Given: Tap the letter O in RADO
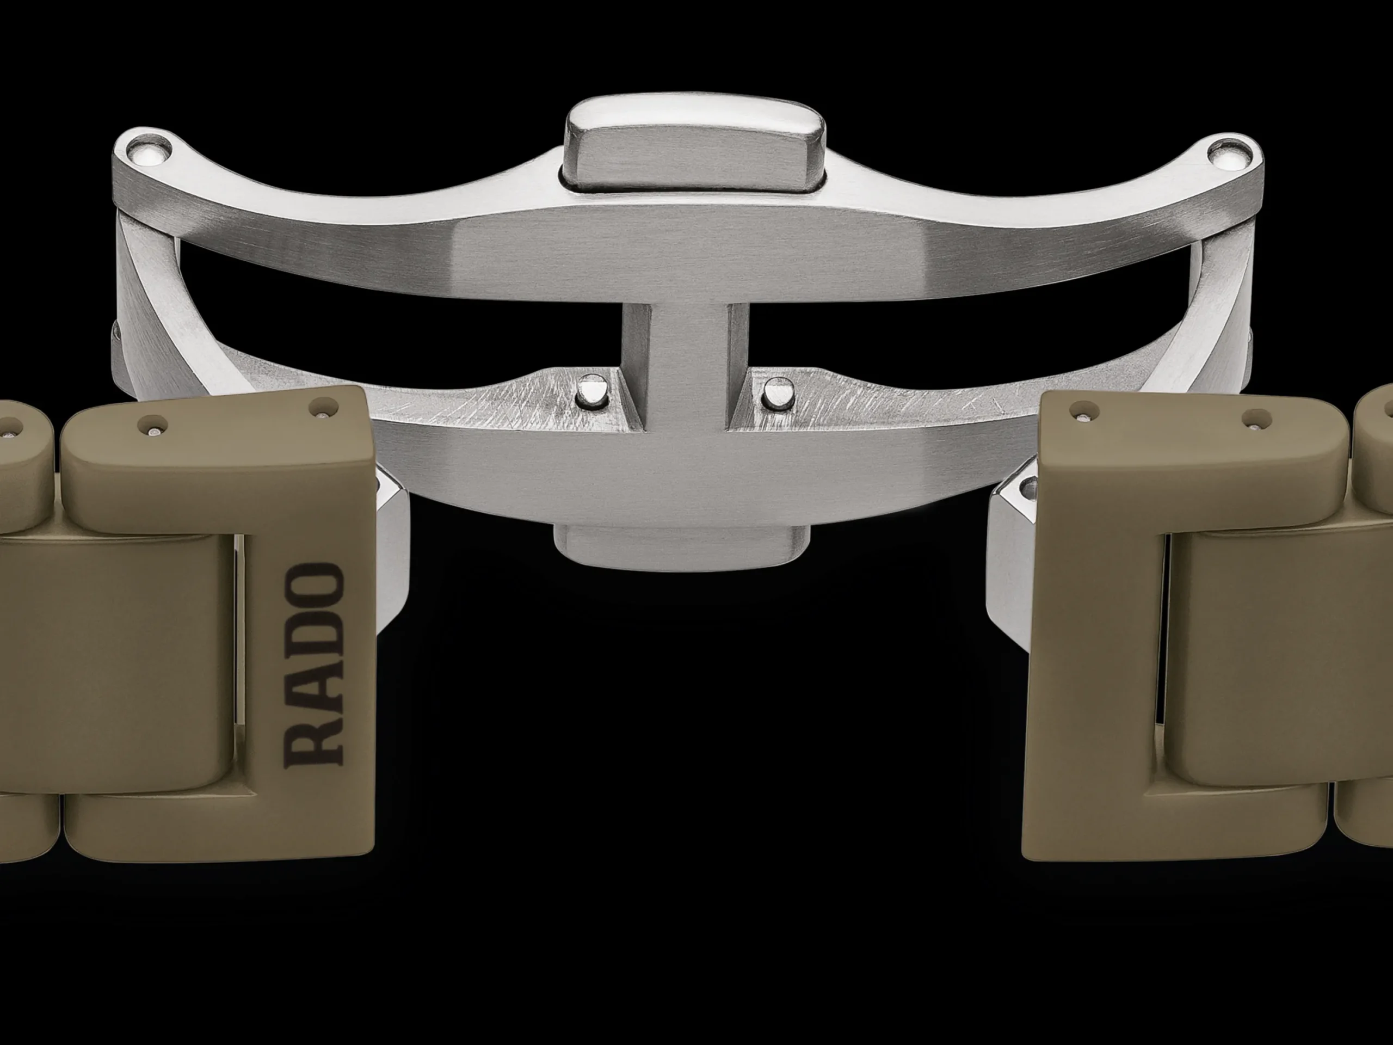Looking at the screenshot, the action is [316, 585].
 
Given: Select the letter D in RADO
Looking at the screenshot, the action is [316, 637].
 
